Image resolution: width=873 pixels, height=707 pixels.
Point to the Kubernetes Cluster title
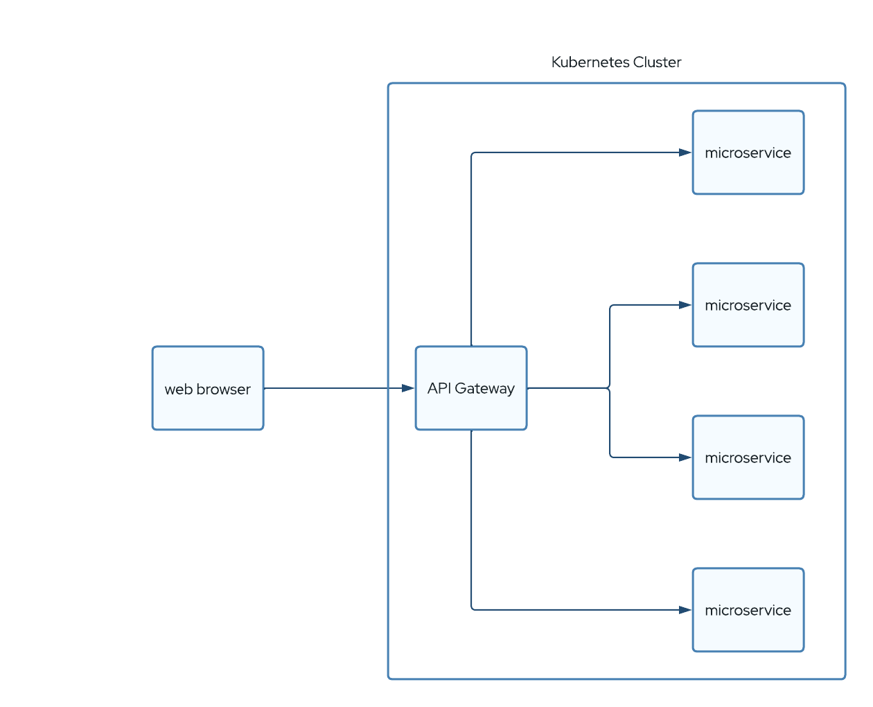pyautogui.click(x=616, y=62)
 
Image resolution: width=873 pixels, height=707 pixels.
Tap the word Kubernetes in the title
pyautogui.click(x=590, y=62)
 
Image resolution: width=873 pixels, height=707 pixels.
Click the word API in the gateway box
pyautogui.click(x=439, y=388)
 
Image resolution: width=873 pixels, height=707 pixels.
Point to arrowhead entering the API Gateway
pyautogui.click(x=409, y=388)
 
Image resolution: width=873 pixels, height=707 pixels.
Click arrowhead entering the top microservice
pyautogui.click(x=685, y=152)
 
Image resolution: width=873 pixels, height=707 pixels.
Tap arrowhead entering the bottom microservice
pyautogui.click(x=685, y=610)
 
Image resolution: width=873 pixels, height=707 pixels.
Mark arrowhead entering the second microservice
pyautogui.click(x=685, y=305)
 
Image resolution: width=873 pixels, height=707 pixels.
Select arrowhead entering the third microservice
pyautogui.click(x=685, y=457)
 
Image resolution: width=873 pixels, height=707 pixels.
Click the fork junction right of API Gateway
pyautogui.click(x=610, y=388)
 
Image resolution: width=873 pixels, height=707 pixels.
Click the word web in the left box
pyautogui.click(x=178, y=390)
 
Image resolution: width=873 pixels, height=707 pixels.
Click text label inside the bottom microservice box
pyautogui.click(x=748, y=611)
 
